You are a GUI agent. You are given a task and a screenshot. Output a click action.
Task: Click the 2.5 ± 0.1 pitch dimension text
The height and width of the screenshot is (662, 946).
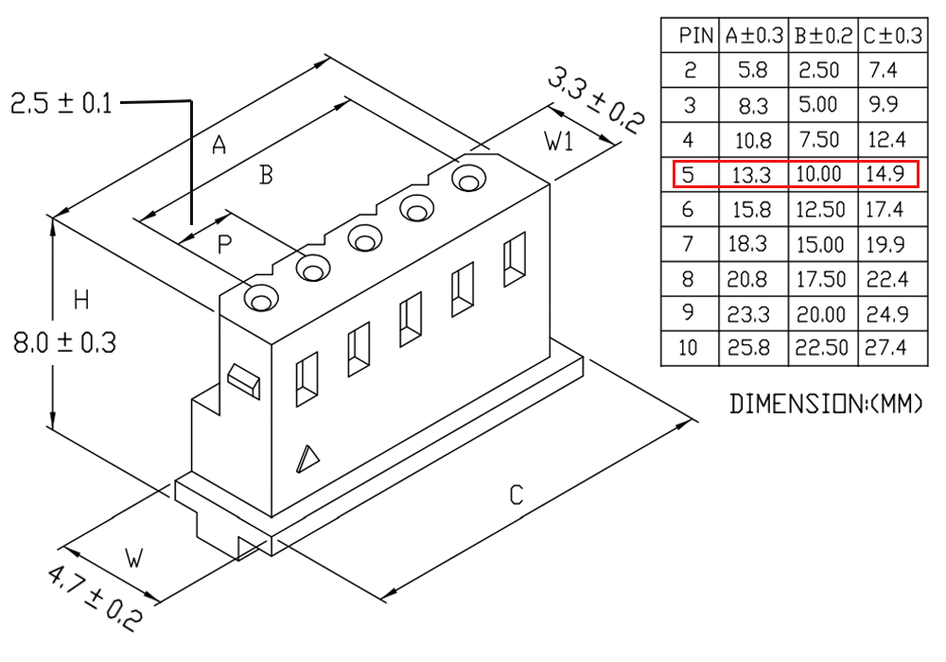click(61, 104)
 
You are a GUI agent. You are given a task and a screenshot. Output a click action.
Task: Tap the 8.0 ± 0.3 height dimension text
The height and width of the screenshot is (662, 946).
click(64, 343)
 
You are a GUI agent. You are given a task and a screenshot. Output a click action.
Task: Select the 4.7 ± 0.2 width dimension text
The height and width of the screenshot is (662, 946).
click(96, 597)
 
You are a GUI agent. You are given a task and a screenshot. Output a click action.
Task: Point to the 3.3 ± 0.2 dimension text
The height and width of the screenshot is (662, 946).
click(596, 100)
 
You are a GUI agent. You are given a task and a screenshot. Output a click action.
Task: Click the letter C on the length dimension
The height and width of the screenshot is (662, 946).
click(517, 495)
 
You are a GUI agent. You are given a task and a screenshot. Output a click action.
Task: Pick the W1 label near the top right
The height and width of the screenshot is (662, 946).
click(559, 141)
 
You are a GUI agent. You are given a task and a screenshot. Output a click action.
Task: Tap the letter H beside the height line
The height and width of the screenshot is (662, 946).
click(81, 300)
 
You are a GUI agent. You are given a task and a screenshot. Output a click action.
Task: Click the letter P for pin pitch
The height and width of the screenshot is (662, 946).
click(224, 245)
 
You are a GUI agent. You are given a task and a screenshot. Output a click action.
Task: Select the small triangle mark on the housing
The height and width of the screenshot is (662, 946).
click(307, 459)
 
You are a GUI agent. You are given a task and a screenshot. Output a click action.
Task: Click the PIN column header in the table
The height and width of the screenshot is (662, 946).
click(695, 36)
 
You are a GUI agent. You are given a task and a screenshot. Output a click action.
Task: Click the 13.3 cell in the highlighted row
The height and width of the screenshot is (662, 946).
click(751, 175)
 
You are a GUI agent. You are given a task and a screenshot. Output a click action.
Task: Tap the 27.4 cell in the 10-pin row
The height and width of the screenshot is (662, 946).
click(885, 348)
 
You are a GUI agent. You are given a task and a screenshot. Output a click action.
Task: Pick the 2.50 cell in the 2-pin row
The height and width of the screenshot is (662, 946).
click(818, 71)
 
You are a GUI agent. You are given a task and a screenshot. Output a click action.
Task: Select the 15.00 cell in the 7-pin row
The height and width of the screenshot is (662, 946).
click(820, 244)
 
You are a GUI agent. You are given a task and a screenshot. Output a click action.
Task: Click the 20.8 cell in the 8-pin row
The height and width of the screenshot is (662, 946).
click(747, 279)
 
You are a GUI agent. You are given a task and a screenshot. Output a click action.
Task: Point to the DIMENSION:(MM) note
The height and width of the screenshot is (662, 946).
click(826, 404)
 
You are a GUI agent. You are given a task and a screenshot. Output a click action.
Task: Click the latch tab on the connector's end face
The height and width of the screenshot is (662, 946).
click(244, 381)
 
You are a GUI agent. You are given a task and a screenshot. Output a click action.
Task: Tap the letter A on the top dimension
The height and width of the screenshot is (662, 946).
click(219, 145)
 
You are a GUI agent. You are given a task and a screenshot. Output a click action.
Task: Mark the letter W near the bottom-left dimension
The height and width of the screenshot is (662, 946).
click(134, 558)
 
